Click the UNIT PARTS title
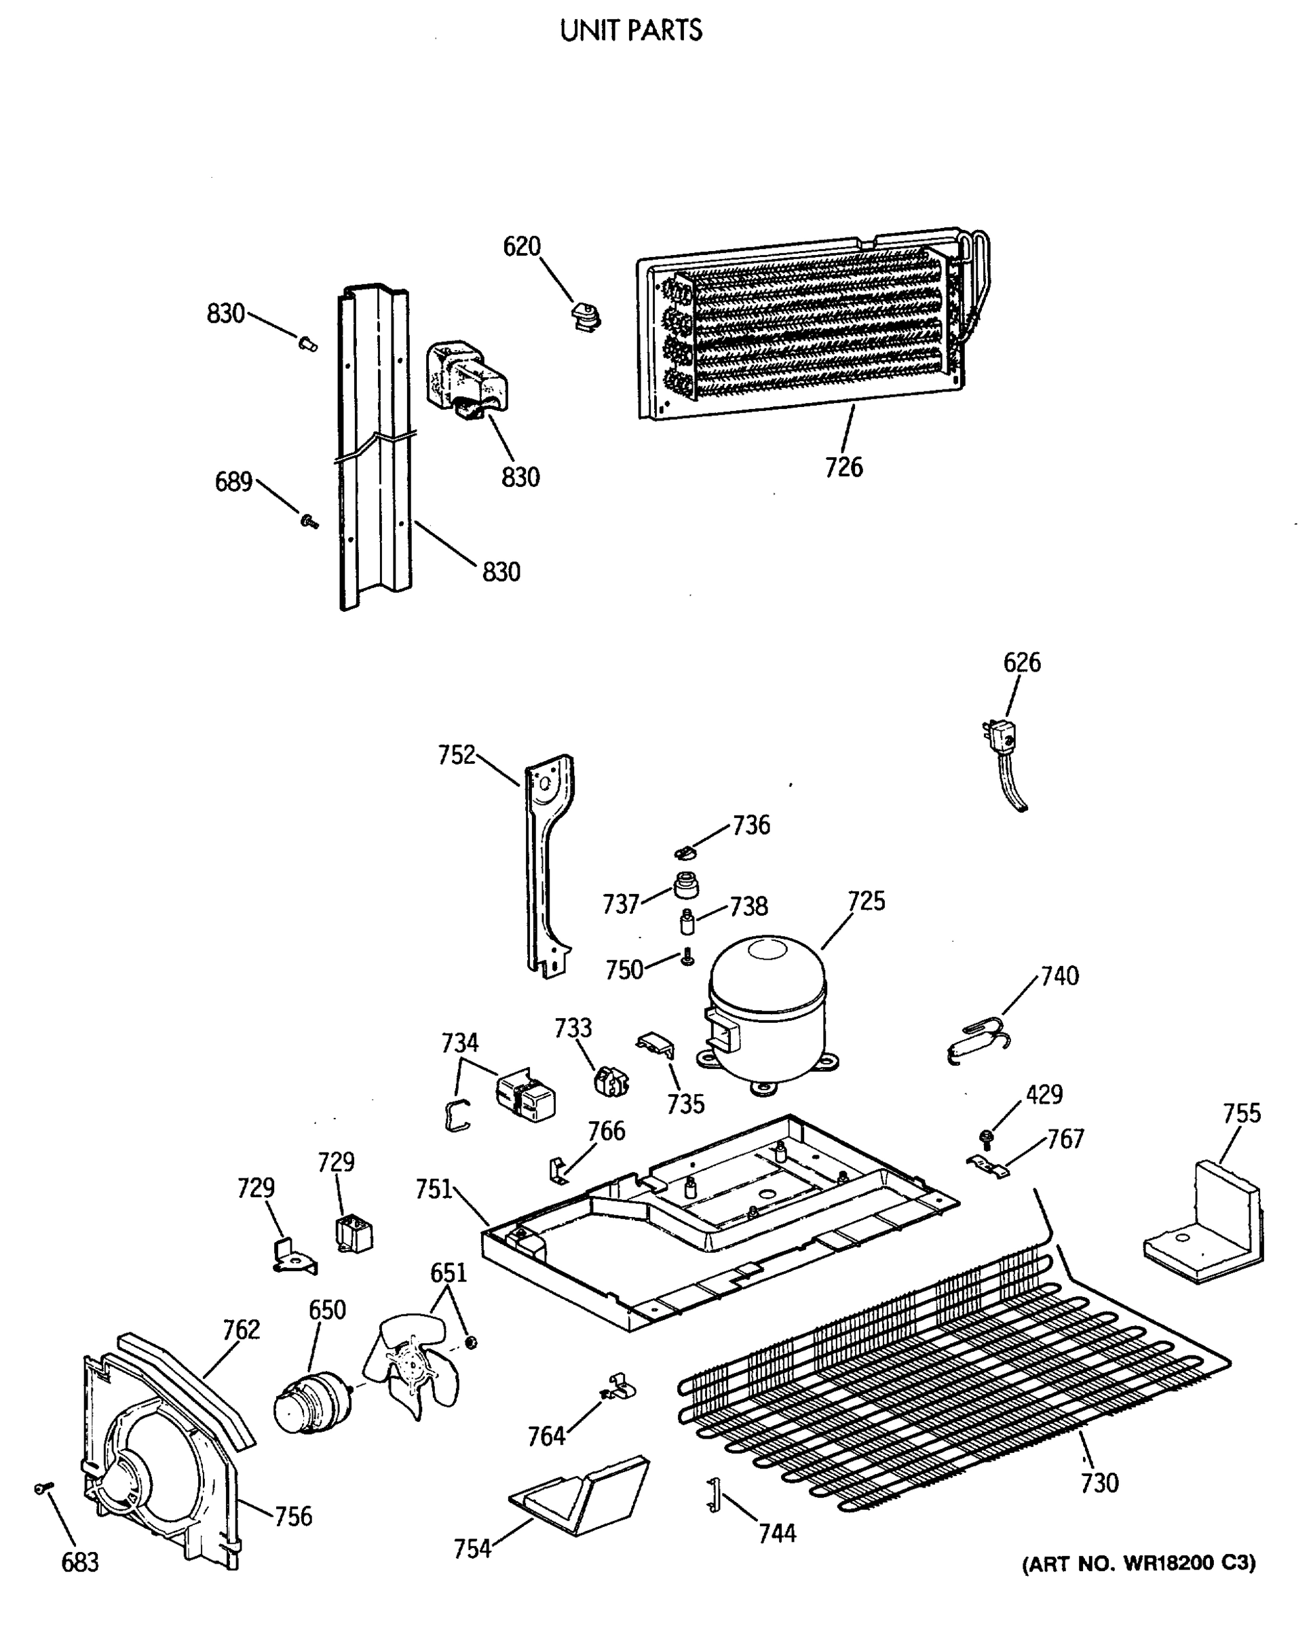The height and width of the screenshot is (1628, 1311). pyautogui.click(x=630, y=31)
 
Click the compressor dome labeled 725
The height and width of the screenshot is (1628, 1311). pyautogui.click(x=767, y=1005)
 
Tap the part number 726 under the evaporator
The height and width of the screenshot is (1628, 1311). pyautogui.click(x=843, y=467)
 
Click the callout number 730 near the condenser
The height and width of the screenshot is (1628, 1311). pyautogui.click(x=1099, y=1483)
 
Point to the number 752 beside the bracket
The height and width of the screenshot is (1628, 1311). pyautogui.click(x=456, y=754)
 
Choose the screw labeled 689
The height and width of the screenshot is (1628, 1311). pyautogui.click(x=308, y=520)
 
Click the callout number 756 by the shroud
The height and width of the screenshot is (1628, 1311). pyautogui.click(x=292, y=1515)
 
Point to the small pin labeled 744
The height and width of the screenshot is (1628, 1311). pyautogui.click(x=712, y=1496)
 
